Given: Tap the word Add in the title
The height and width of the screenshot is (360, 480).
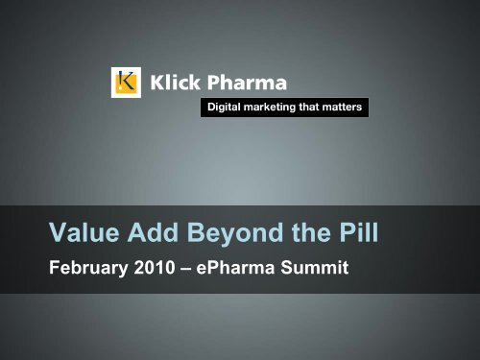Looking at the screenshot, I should tap(156, 232).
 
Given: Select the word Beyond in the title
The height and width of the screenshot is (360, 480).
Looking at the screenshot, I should tap(234, 232).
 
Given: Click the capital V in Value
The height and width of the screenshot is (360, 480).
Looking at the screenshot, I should tap(60, 232).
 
